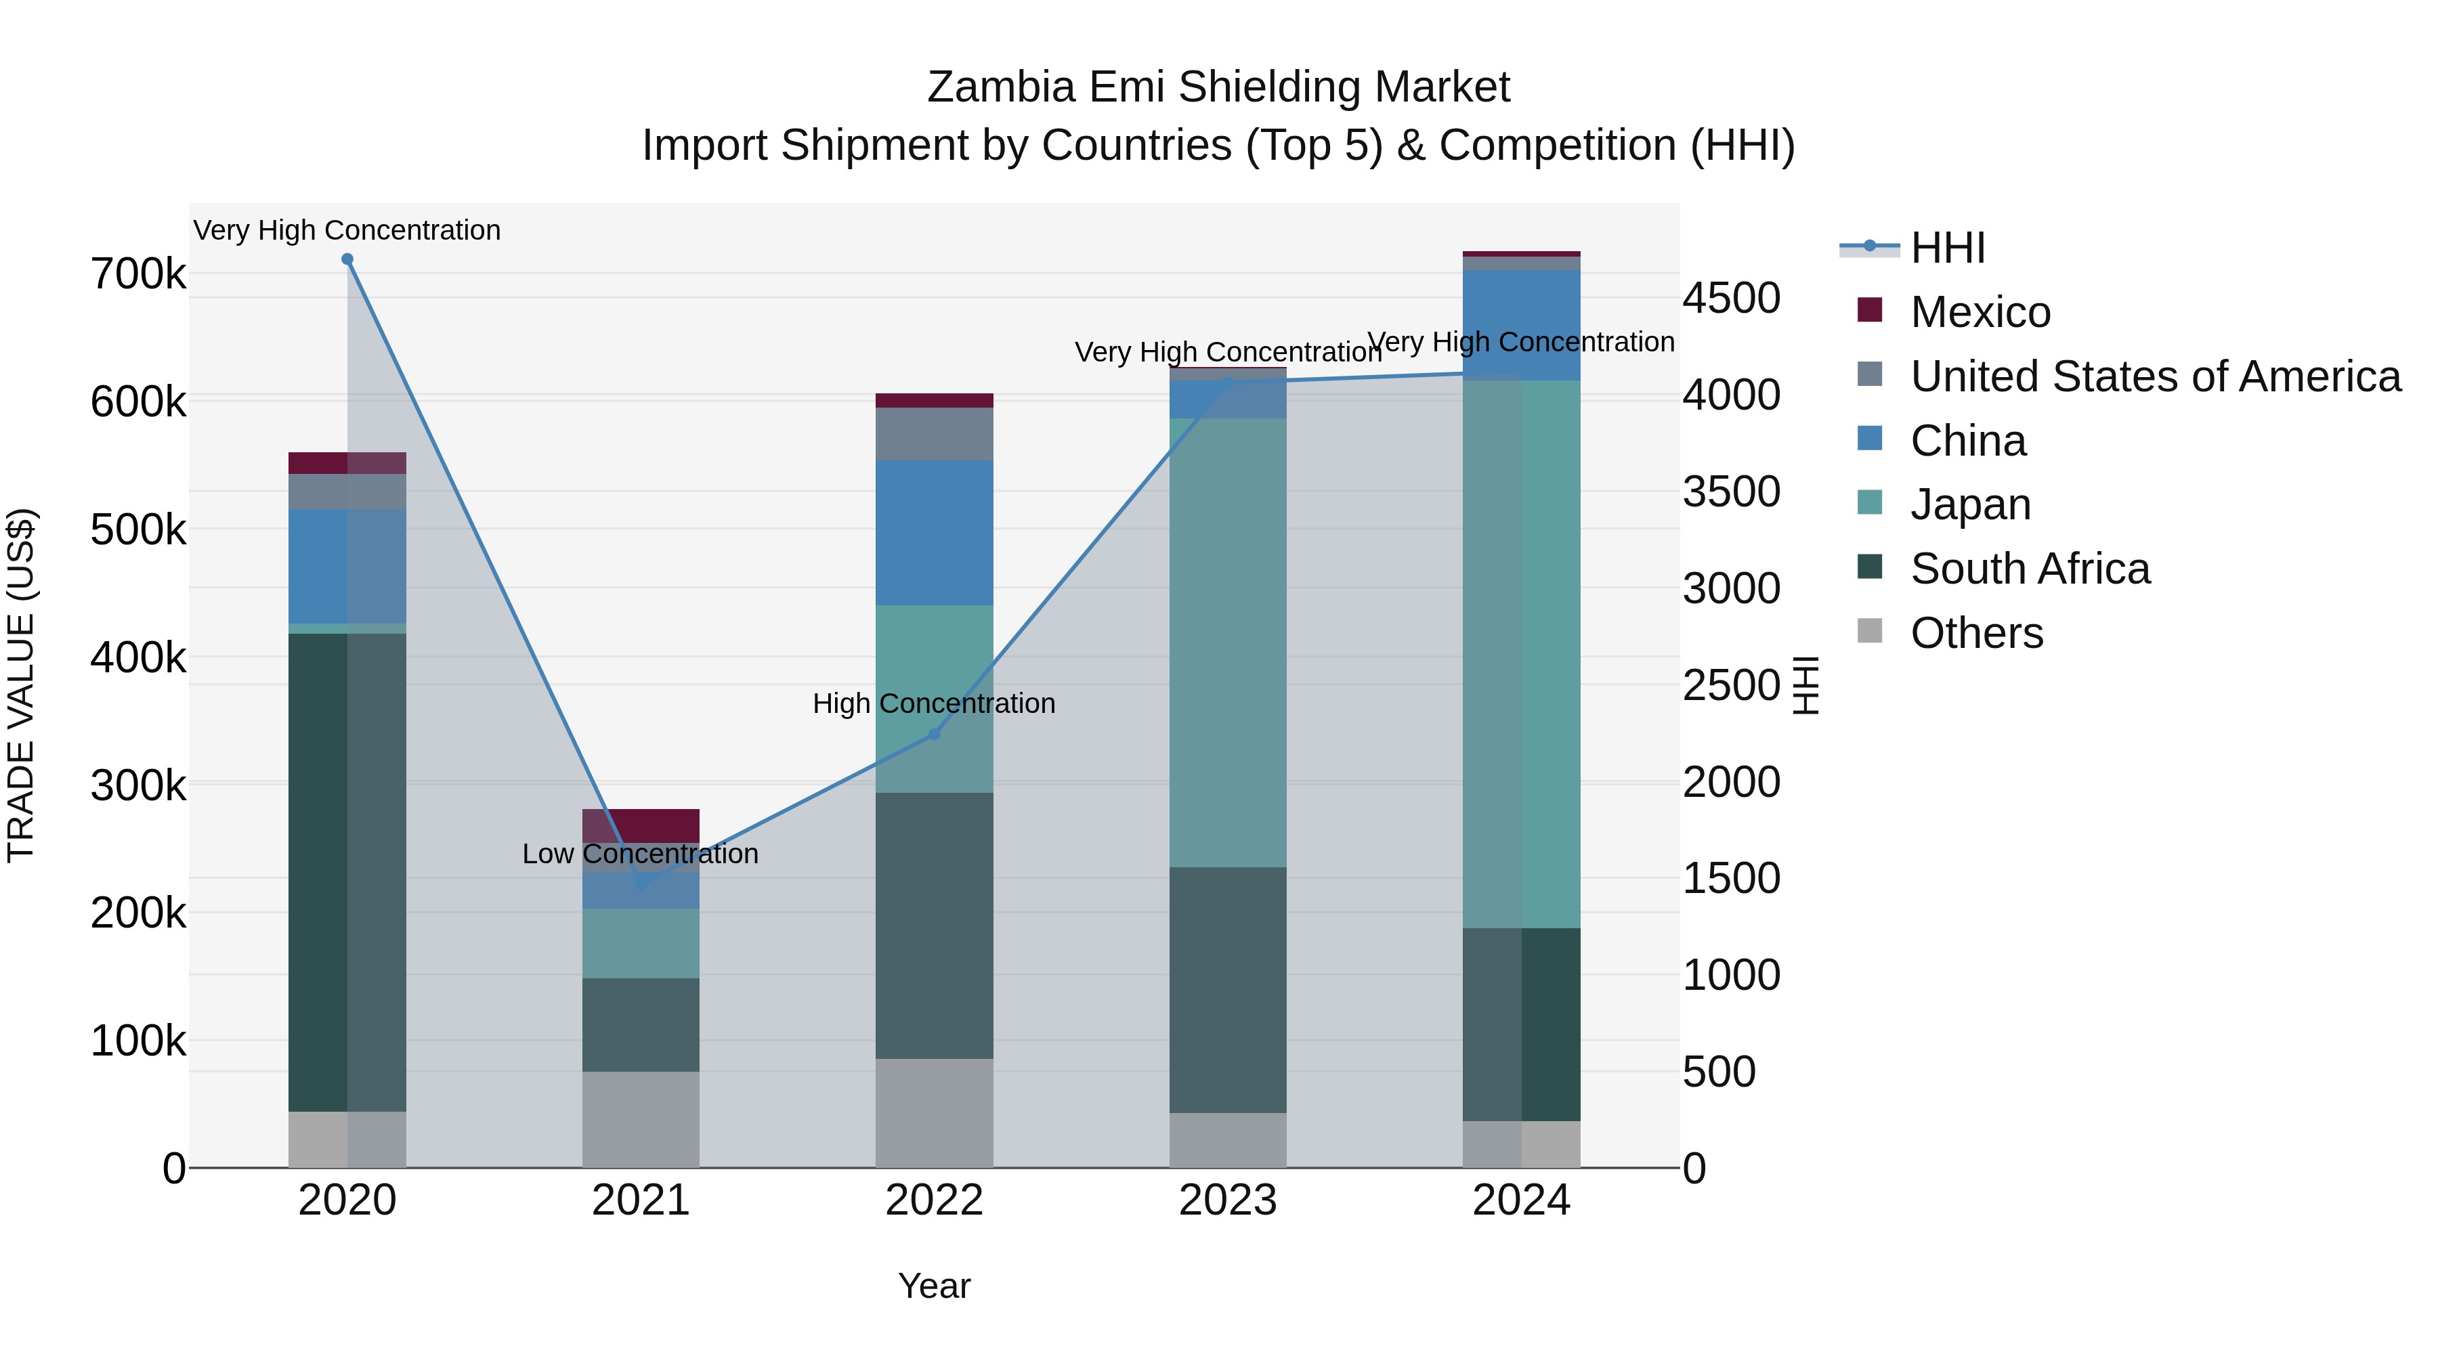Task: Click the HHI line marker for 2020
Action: pyautogui.click(x=347, y=259)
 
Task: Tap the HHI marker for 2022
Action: pyautogui.click(x=934, y=734)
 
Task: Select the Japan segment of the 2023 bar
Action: pyautogui.click(x=1228, y=643)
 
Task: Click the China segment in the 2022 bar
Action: pyautogui.click(x=934, y=533)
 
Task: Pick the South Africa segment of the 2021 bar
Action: pyautogui.click(x=641, y=1025)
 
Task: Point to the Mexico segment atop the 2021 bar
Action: pyautogui.click(x=641, y=825)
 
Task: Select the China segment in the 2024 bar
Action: pyautogui.click(x=1521, y=326)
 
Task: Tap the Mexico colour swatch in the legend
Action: pyautogui.click(x=1869, y=309)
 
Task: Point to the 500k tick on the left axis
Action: pyautogui.click(x=138, y=530)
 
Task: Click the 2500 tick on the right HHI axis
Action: pyautogui.click(x=1731, y=685)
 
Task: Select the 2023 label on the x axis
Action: pyautogui.click(x=1228, y=1200)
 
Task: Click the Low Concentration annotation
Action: pyautogui.click(x=641, y=854)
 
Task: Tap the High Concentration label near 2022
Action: pyautogui.click(x=934, y=704)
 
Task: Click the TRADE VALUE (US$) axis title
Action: pyautogui.click(x=21, y=685)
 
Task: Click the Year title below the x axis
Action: pyautogui.click(x=934, y=1286)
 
